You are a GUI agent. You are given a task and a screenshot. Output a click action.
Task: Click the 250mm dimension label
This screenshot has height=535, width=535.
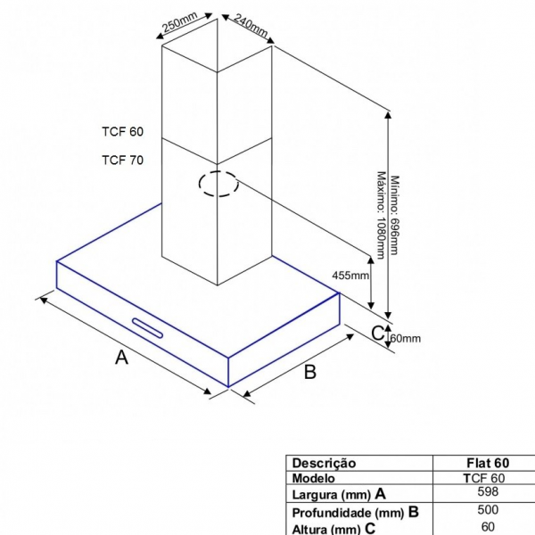point(180,21)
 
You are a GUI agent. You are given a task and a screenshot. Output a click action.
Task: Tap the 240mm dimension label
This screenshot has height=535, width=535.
point(251,26)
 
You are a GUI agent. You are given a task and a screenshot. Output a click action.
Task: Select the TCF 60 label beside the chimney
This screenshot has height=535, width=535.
point(123,132)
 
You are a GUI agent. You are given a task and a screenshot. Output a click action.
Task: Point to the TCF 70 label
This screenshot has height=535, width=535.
point(123,160)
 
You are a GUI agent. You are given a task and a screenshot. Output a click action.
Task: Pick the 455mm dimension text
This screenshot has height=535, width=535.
point(350,275)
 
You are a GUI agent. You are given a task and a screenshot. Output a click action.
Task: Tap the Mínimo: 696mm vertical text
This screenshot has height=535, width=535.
point(394,215)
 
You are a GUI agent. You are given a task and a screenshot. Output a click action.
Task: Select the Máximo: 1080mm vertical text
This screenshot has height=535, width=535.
point(381,215)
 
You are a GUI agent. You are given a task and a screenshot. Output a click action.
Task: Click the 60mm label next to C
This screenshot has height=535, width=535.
point(406,339)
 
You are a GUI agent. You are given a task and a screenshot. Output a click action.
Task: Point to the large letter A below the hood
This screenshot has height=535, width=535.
point(122,358)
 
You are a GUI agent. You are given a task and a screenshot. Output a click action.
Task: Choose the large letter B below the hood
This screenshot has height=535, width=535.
point(309,372)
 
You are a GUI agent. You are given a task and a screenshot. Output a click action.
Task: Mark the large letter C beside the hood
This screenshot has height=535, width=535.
point(378,333)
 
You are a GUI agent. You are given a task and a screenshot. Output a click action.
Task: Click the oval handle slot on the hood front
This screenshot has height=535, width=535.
point(147,328)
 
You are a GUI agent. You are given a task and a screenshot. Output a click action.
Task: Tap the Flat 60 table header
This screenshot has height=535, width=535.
point(488,463)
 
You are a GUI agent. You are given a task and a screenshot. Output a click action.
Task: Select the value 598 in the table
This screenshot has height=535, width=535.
point(488,491)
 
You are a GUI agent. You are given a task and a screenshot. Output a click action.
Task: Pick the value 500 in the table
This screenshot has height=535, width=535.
point(488,510)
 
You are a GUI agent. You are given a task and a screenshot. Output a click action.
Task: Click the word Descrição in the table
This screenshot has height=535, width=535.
point(324,464)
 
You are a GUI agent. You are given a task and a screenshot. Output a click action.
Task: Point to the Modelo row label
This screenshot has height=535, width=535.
point(313,478)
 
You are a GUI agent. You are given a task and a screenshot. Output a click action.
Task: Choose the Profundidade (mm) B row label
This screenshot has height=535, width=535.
point(355,513)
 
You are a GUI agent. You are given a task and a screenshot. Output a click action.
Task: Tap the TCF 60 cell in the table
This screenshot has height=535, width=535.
point(484,478)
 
